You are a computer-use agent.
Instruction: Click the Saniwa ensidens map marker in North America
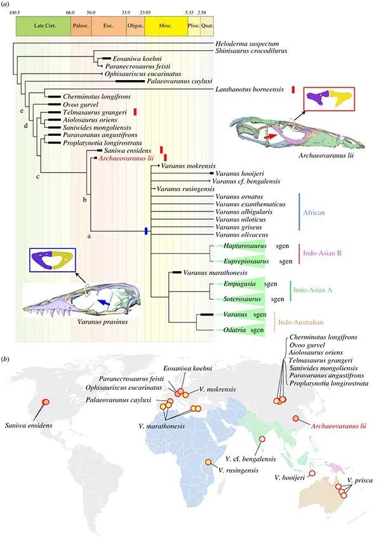coord(45,402)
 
